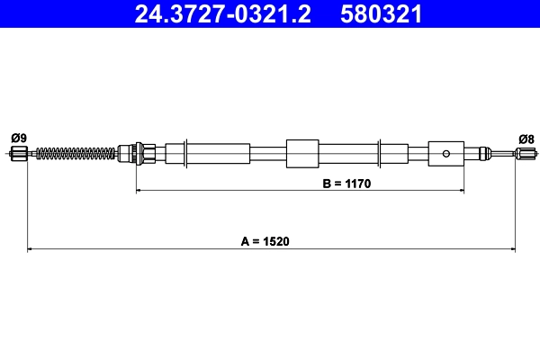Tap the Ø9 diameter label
click(18, 138)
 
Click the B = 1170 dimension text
click(346, 183)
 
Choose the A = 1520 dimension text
click(271, 241)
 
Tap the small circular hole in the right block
click(446, 153)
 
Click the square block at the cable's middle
click(302, 153)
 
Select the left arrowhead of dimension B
click(139, 190)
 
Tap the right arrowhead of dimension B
click(461, 190)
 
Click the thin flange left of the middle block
click(184, 153)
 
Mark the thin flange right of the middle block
click(382, 153)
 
